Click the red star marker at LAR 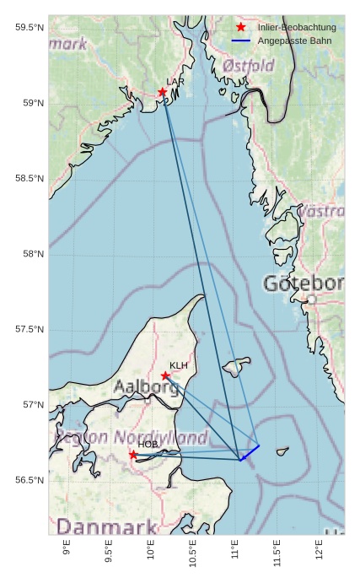coord(162,92)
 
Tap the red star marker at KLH coord(165,375)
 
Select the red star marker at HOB coord(133,455)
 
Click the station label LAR coord(175,82)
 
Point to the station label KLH coord(179,365)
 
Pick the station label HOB coord(148,445)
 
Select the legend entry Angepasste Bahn coord(291,40)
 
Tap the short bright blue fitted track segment coord(250,452)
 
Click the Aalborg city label coord(146,388)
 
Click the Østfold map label coord(249,66)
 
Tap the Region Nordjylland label coord(131,438)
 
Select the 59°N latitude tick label coord(30,104)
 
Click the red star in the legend coord(241,28)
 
